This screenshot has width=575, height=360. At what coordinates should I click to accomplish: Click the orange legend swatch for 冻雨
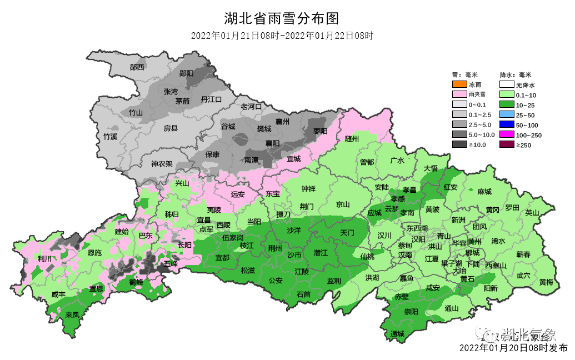(x=459, y=85)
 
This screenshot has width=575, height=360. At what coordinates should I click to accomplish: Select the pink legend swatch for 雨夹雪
(x=459, y=95)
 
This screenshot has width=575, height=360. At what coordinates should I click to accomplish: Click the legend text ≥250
(x=524, y=145)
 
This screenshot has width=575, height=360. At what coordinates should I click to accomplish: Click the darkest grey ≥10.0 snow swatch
(x=459, y=144)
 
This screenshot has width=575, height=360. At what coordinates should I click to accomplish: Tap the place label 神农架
(x=162, y=164)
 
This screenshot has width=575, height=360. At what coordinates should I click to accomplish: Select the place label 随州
(x=352, y=138)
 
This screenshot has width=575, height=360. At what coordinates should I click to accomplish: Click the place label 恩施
(x=95, y=253)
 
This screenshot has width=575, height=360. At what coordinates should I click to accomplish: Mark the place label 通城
(x=397, y=334)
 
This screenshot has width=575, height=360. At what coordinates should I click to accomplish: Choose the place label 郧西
(x=137, y=67)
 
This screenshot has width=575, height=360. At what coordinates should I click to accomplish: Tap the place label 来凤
(x=72, y=315)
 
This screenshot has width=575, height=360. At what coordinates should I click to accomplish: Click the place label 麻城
(x=484, y=192)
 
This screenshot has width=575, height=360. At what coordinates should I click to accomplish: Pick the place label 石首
(x=303, y=294)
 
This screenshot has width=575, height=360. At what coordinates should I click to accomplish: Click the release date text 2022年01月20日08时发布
(x=513, y=348)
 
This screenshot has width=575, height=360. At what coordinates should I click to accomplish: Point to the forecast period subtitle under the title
(x=281, y=36)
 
